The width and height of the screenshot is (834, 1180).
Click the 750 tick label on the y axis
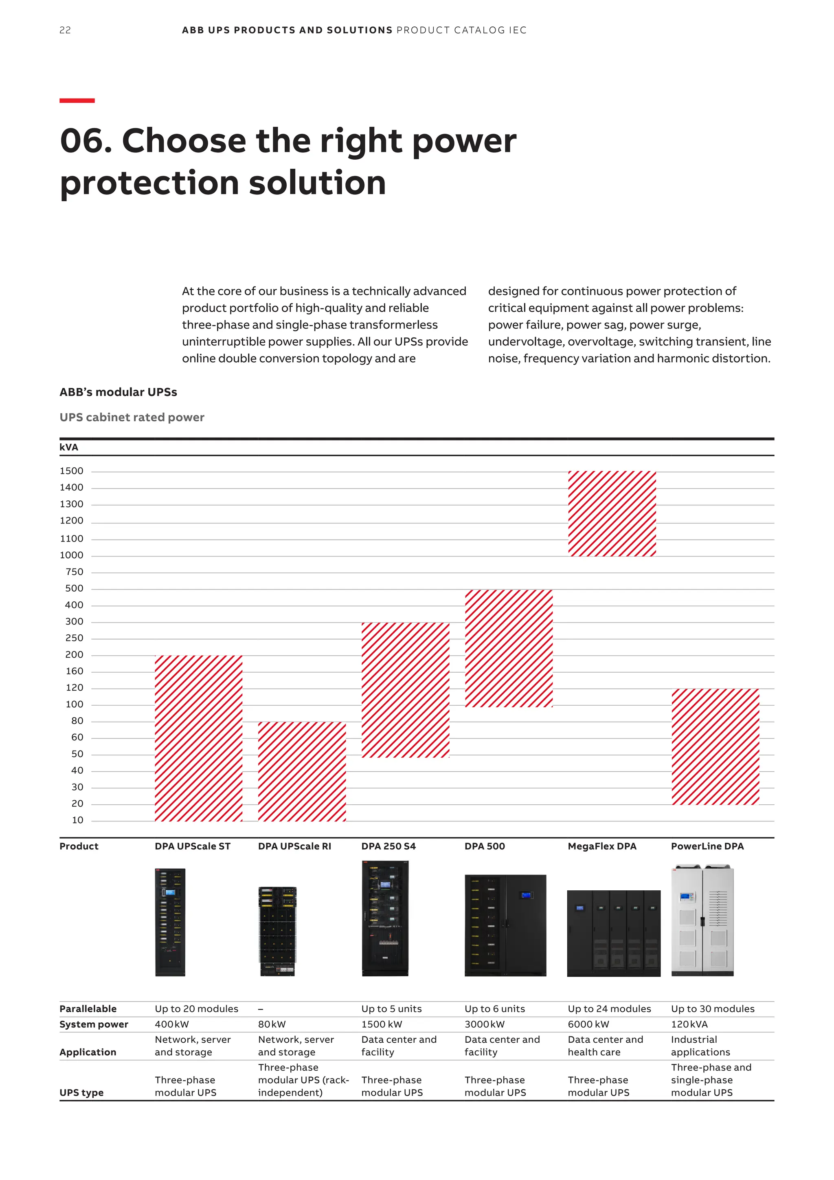tap(75, 572)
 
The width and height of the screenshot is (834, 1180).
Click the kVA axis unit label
tap(69, 447)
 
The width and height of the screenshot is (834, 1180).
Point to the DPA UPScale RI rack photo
tap(277, 931)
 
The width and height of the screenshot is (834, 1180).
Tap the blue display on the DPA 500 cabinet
tap(526, 895)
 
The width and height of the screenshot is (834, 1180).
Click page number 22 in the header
tap(65, 30)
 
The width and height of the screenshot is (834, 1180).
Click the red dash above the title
tap(77, 101)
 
